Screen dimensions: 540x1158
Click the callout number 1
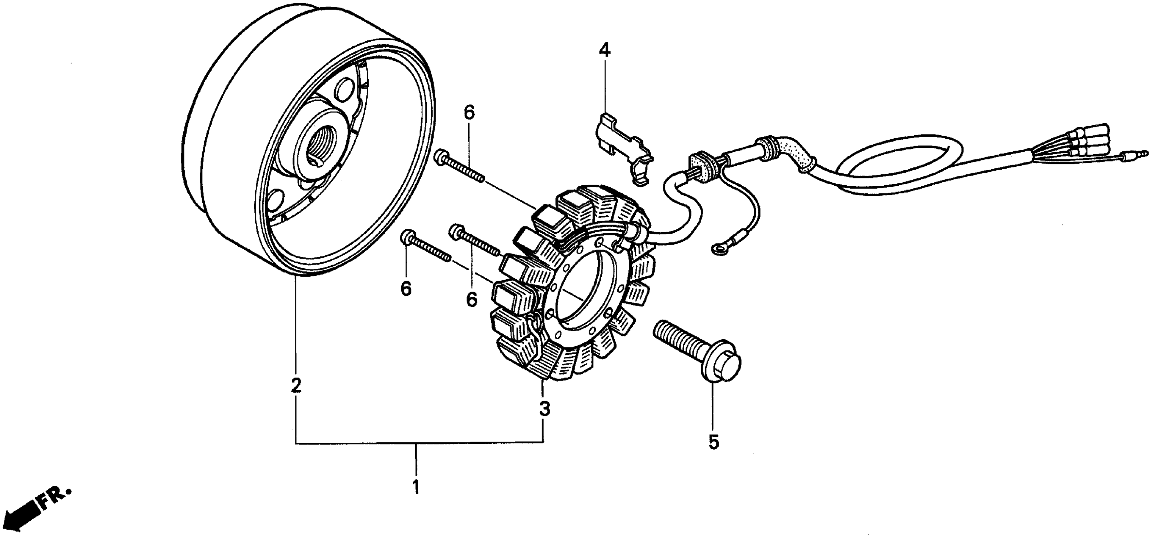point(416,487)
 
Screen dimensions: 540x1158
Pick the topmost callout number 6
point(469,113)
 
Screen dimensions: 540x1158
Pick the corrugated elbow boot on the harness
point(791,155)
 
